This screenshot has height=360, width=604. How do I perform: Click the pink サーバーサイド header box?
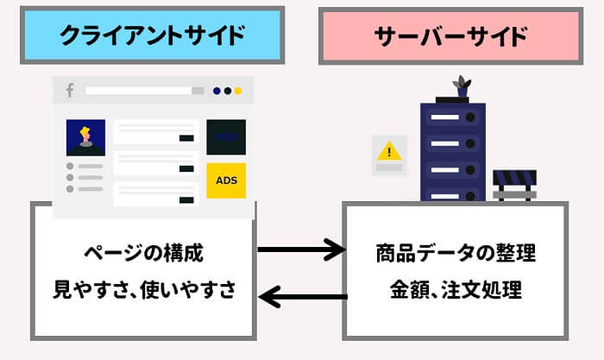pyautogui.click(x=450, y=36)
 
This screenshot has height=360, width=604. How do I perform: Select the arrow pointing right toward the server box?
pyautogui.click(x=301, y=252)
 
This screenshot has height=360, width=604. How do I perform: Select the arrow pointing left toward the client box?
pyautogui.click(x=301, y=298)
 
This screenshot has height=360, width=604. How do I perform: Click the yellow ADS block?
pyautogui.click(x=226, y=181)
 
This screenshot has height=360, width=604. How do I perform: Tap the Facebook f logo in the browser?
pyautogui.click(x=69, y=90)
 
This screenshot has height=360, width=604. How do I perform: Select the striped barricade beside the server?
pyautogui.click(x=514, y=183)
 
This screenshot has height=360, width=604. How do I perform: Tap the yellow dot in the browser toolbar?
pyautogui.click(x=238, y=91)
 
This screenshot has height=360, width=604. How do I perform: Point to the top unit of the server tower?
pyautogui.click(x=452, y=117)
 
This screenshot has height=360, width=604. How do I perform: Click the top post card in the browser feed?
pyautogui.click(x=155, y=132)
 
